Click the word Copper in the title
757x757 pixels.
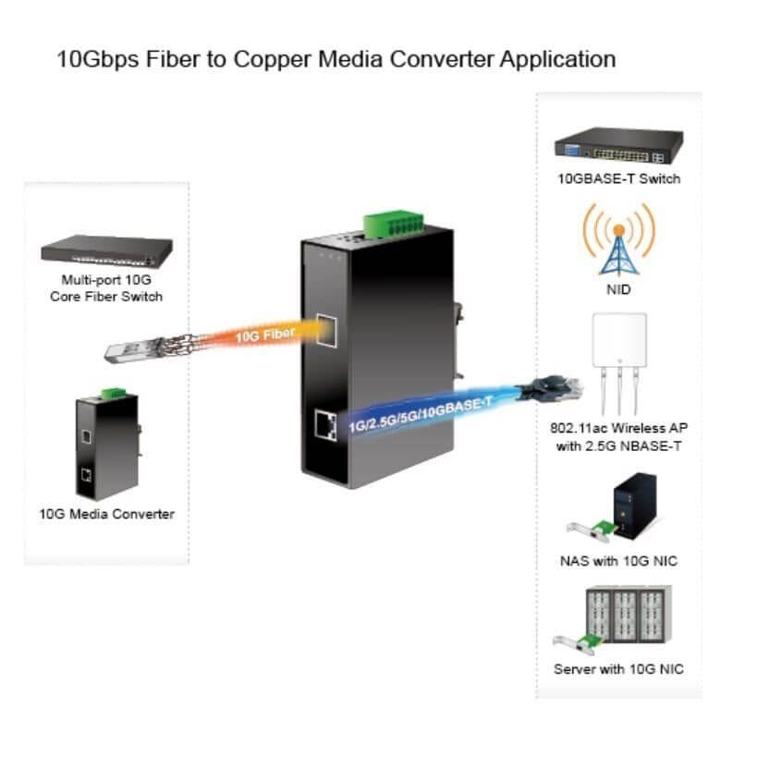[x=273, y=60]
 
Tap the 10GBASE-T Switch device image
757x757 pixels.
[x=619, y=145]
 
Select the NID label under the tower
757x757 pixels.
[x=618, y=289]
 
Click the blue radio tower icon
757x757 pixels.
[x=619, y=251]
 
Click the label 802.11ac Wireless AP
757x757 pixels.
[x=619, y=428]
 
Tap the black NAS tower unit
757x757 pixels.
[x=634, y=506]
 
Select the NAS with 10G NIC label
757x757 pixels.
[x=618, y=561]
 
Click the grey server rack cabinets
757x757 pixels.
[x=629, y=614]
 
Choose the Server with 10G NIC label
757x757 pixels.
[x=618, y=669]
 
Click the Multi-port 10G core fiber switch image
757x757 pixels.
[x=106, y=250]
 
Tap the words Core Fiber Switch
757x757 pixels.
[x=106, y=297]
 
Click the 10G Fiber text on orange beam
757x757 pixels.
[x=265, y=334]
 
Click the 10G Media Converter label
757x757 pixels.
[x=106, y=514]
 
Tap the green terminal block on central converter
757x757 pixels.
[x=394, y=225]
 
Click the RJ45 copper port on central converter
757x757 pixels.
[x=326, y=425]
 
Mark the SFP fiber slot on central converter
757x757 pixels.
[x=326, y=330]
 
